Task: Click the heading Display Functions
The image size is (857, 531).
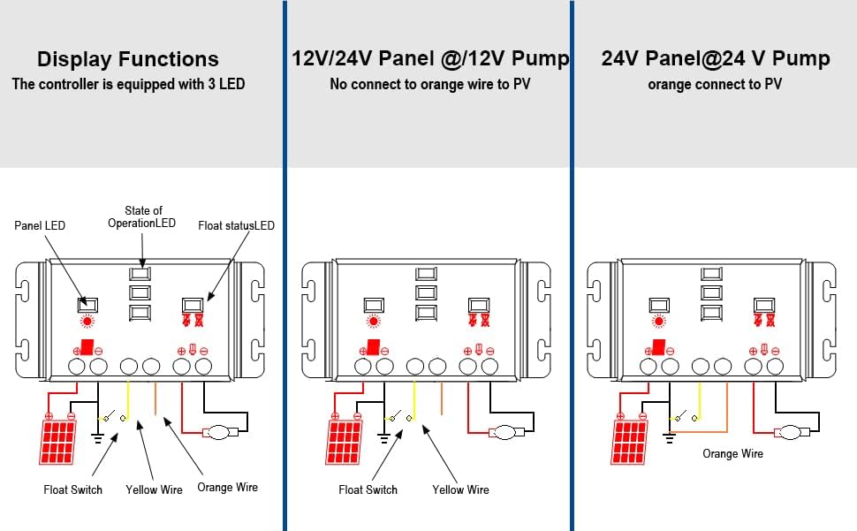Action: [127, 60]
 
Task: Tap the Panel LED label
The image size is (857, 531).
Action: [41, 226]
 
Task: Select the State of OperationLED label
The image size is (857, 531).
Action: [142, 217]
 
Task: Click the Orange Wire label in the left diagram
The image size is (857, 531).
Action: [227, 488]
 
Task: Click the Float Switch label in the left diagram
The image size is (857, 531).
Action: [72, 489]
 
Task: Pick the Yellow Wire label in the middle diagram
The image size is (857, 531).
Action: [460, 489]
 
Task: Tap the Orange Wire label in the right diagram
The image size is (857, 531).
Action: [732, 453]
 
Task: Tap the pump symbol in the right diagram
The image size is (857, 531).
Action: [793, 432]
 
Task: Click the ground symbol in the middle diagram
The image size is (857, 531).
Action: [384, 436]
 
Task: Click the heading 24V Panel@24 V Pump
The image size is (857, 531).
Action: [716, 59]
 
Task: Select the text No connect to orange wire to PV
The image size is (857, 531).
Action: [430, 85]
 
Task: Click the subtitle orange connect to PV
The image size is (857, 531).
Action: [715, 85]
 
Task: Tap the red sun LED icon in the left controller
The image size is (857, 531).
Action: [87, 322]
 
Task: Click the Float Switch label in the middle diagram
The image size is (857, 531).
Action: [368, 489]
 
